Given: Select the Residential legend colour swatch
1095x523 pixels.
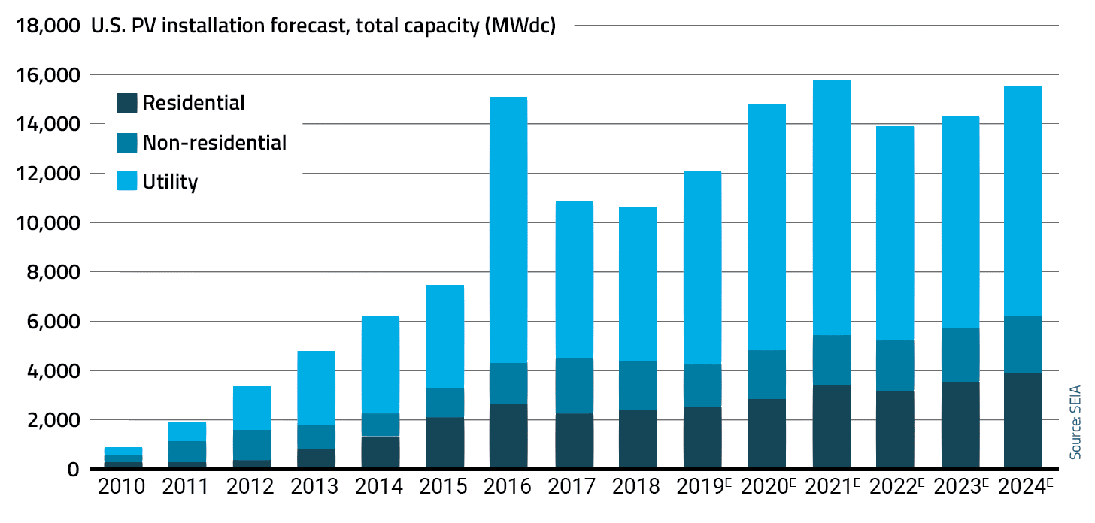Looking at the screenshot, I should [127, 103].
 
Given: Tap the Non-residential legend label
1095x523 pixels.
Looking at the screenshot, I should [214, 142].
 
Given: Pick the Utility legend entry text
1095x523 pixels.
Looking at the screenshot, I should [170, 181].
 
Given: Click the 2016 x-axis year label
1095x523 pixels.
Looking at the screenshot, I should [508, 488].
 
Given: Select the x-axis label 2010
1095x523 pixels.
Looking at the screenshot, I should [121, 488].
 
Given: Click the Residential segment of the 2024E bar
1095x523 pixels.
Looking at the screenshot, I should [1023, 421].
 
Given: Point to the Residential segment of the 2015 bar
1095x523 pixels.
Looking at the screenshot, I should [444, 443].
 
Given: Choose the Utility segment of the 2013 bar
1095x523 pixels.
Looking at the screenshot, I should [315, 388].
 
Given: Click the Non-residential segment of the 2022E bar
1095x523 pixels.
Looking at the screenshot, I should [895, 365].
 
